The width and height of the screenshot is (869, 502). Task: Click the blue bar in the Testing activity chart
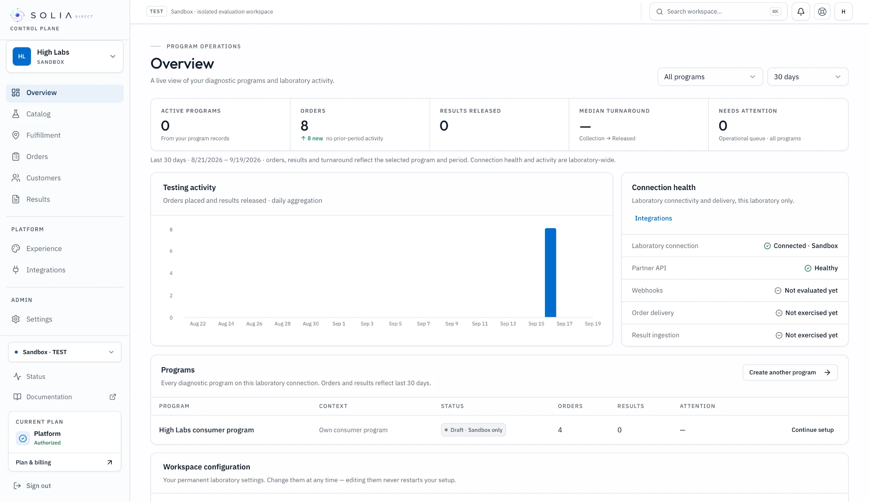click(x=550, y=273)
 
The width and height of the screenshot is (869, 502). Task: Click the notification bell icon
click(x=801, y=12)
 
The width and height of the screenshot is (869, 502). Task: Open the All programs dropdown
click(x=710, y=77)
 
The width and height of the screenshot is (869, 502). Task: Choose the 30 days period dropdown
click(x=807, y=77)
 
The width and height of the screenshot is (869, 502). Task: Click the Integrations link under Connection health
click(x=653, y=218)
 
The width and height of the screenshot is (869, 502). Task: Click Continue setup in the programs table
click(x=812, y=430)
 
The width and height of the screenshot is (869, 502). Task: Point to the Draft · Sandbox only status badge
click(x=473, y=430)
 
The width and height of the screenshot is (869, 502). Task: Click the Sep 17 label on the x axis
click(x=564, y=324)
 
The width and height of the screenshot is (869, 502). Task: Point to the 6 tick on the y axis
click(x=171, y=251)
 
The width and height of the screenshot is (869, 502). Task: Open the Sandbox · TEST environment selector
click(x=65, y=352)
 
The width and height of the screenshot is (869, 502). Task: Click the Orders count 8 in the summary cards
click(x=305, y=126)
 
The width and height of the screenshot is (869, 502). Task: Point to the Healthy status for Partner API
click(x=821, y=268)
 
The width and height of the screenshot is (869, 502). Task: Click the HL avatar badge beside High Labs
click(x=22, y=57)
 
